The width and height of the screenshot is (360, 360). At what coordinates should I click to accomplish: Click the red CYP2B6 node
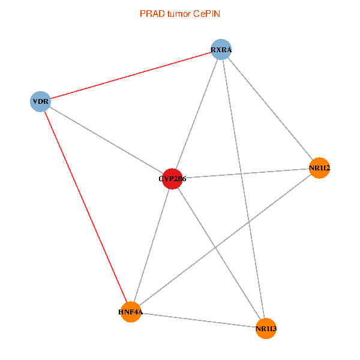pos(172,179)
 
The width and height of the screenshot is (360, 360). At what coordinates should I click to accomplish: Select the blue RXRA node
pos(221,49)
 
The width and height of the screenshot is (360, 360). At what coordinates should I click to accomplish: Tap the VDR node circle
pos(40,101)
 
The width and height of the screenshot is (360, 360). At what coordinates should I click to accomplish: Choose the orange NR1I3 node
pos(266,328)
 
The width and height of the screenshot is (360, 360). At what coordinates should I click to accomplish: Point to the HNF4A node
pos(130,313)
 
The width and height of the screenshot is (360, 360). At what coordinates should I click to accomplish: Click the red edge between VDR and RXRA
pos(131,76)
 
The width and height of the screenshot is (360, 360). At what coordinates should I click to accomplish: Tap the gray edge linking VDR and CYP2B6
pos(106,140)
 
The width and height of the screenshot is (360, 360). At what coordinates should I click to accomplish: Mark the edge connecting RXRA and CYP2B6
pos(197,114)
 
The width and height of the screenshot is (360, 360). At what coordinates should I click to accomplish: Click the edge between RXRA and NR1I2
pos(270,108)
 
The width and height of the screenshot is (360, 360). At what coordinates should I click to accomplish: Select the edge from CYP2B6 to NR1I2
pos(246,173)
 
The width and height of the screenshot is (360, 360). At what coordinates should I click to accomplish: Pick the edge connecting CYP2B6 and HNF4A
pos(151,246)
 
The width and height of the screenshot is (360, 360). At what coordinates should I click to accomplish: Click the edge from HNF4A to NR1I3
pos(198,320)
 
